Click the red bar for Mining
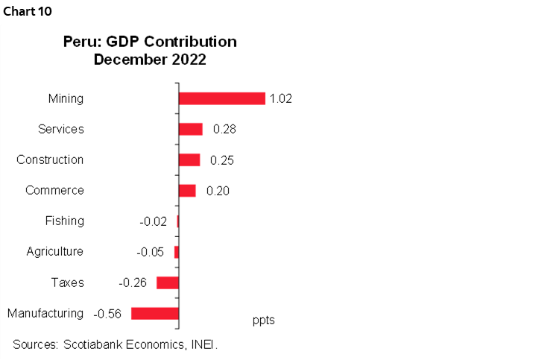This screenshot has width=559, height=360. [222, 98]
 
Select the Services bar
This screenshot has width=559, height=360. [191, 129]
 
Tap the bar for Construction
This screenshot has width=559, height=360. [189, 160]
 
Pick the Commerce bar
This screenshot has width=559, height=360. [187, 190]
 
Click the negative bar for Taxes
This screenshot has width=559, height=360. [168, 282]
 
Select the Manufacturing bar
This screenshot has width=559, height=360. [155, 313]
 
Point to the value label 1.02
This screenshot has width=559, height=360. [281, 98]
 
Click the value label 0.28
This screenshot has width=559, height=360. [225, 129]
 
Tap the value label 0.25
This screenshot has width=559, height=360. [222, 160]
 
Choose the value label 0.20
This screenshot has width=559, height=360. [218, 190]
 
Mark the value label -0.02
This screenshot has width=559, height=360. [153, 221]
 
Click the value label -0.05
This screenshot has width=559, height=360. [150, 252]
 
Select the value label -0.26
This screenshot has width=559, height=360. [133, 282]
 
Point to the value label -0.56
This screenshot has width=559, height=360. [107, 313]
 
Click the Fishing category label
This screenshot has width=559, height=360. [64, 221]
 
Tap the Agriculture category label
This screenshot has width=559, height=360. [54, 252]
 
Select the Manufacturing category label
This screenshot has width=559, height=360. [45, 313]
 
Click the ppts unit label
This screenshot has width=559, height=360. [264, 320]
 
